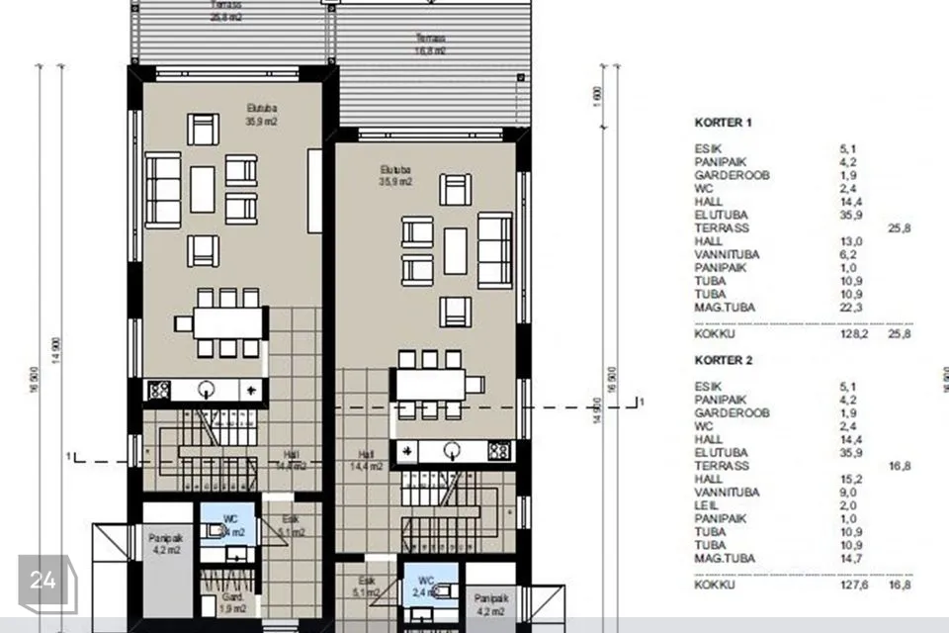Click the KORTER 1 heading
724,123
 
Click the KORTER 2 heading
724,361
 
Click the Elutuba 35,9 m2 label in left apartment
261,116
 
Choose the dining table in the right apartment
430,384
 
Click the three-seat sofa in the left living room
163,190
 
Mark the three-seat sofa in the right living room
495,250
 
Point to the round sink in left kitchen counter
208,389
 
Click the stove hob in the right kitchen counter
498,452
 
